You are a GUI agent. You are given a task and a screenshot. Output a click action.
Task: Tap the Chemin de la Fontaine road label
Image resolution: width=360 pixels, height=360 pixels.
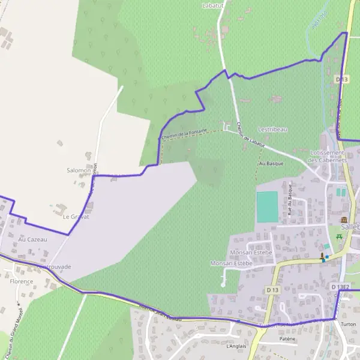pyautogui.click(x=184, y=133)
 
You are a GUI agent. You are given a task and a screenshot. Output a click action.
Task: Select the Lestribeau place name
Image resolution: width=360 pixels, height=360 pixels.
pyautogui.click(x=272, y=129)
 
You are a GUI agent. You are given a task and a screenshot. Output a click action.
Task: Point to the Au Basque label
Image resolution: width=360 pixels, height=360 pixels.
pyautogui.click(x=270, y=163)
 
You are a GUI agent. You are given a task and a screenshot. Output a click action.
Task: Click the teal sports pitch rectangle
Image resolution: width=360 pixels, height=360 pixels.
pyautogui.click(x=268, y=207)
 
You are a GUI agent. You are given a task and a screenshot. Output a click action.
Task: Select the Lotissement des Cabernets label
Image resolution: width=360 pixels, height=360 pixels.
pyautogui.click(x=327, y=157)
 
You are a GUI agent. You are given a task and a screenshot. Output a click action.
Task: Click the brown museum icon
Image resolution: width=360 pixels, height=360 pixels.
pyautogui.click(x=344, y=220)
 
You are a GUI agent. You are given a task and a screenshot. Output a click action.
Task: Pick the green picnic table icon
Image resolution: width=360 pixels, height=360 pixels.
pyautogui.click(x=339, y=236)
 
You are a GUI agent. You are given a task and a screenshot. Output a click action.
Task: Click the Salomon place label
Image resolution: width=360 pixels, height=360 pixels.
pyautogui.click(x=79, y=170)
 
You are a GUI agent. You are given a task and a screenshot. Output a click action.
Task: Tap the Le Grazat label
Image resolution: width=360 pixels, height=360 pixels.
pyautogui.click(x=76, y=217)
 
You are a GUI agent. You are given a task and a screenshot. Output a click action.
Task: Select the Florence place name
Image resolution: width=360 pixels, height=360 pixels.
pyautogui.click(x=21, y=281)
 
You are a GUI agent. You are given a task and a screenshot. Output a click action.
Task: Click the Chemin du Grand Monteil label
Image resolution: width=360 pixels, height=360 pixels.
pyautogui.click(x=14, y=332)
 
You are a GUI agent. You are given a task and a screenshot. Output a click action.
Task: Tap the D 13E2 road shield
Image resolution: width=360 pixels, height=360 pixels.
pyautogui.click(x=340, y=287)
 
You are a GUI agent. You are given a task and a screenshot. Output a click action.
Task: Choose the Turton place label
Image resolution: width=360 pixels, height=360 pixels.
pyautogui.click(x=348, y=324)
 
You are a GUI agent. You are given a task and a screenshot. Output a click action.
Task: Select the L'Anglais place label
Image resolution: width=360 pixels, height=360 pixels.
pyautogui.click(x=237, y=346)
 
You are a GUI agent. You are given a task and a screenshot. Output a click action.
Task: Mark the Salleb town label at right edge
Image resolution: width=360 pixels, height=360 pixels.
pyautogui.click(x=350, y=227)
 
